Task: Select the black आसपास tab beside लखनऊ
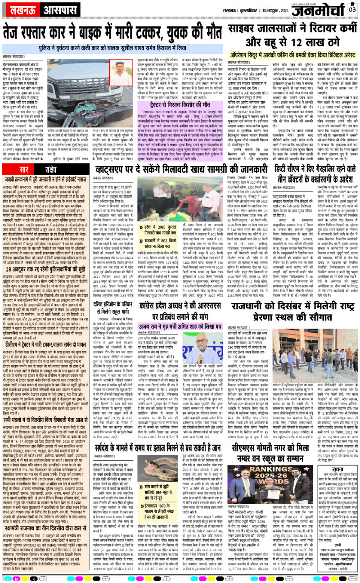(x=44, y=9)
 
